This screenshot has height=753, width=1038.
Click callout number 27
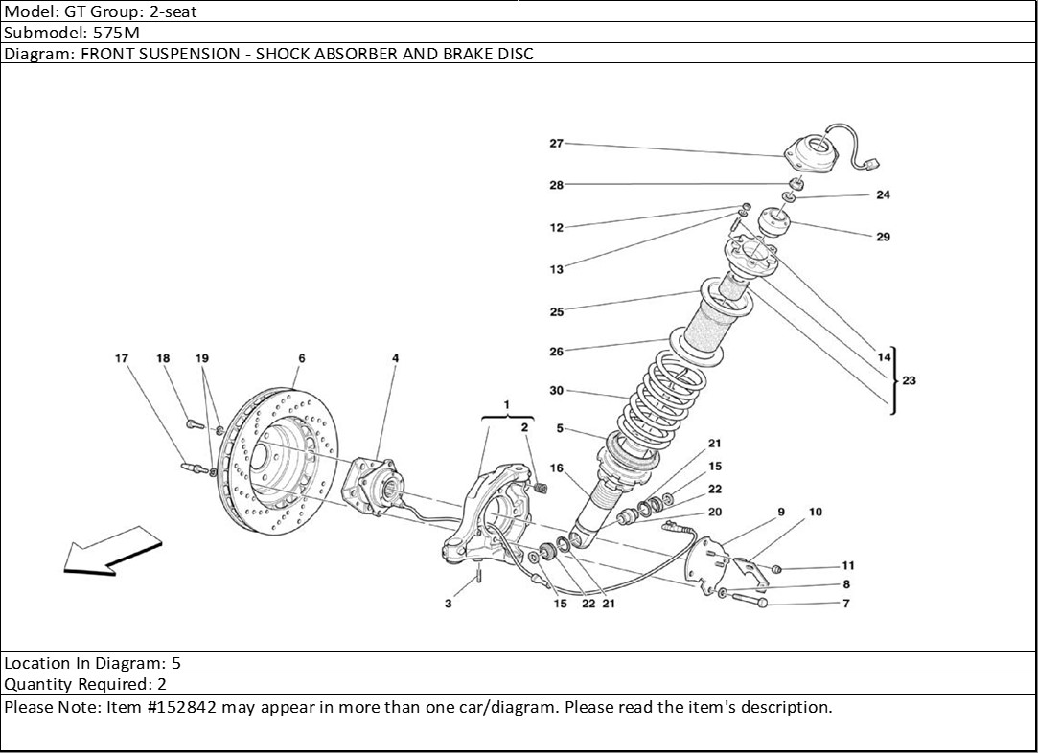pos(556,143)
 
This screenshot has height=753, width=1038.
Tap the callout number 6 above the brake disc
pos(302,358)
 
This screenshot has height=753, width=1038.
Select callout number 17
pos(121,358)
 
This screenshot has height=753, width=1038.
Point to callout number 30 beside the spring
pos(557,391)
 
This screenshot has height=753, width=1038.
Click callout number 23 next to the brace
pos(909,380)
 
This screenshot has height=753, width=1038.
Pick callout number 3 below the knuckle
pos(449,604)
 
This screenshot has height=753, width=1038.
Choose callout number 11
pos(848,566)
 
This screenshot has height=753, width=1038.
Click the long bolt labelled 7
pos(749,600)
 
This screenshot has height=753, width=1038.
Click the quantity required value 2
pos(162,684)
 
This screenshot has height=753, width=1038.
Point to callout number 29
pos(883,237)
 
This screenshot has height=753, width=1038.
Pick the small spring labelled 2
pos(541,489)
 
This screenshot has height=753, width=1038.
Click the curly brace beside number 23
pos(893,380)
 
